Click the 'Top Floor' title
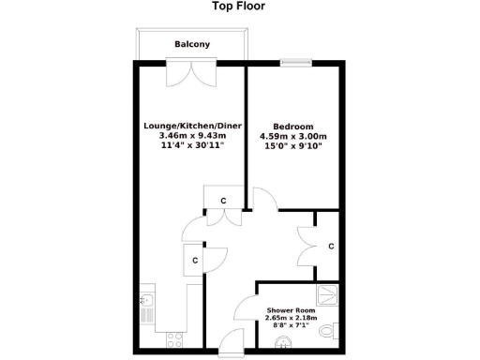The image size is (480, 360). [239, 7]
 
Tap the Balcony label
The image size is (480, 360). [192, 45]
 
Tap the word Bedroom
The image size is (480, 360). [292, 126]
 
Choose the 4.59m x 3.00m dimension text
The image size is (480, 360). [293, 136]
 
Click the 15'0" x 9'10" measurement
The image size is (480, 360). [293, 146]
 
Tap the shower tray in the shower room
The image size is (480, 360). [329, 294]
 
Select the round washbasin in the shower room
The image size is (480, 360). [278, 344]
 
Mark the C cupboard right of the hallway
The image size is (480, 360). [331, 247]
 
